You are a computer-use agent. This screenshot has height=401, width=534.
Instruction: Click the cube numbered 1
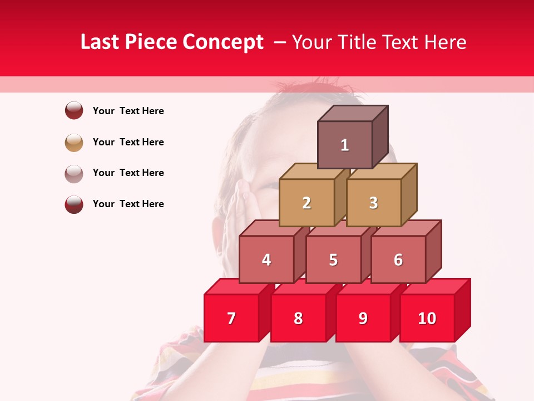pyautogui.click(x=345, y=145)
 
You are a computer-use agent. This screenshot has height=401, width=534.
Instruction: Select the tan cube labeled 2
pyautogui.click(x=306, y=203)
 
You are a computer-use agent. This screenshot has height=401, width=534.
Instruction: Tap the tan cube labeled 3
pyautogui.click(x=373, y=203)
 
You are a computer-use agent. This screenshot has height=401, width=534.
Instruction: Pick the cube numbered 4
pyautogui.click(x=266, y=260)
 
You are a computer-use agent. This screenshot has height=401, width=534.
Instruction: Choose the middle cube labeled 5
pyautogui.click(x=333, y=260)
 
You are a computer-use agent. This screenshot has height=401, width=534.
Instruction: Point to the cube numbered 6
pyautogui.click(x=398, y=260)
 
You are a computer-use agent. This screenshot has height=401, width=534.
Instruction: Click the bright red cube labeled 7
pyautogui.click(x=231, y=318)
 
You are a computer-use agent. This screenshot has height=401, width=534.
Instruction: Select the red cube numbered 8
pyautogui.click(x=298, y=318)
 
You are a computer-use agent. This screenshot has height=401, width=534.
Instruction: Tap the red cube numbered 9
pyautogui.click(x=363, y=318)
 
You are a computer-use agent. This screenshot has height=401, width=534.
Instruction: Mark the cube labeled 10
pyautogui.click(x=427, y=318)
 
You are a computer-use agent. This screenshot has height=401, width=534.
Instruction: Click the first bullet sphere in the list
pyautogui.click(x=74, y=110)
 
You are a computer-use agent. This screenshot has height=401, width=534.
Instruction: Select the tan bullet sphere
pyautogui.click(x=74, y=142)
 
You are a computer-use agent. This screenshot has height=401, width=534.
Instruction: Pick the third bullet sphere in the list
pyautogui.click(x=74, y=173)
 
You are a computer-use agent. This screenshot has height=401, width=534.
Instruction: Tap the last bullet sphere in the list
pyautogui.click(x=74, y=204)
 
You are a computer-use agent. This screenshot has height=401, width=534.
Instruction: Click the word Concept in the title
pyautogui.click(x=224, y=42)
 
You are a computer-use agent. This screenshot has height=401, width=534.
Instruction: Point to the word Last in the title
pyautogui.click(x=101, y=42)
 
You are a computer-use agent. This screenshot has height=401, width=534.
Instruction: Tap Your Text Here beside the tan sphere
pyautogui.click(x=128, y=142)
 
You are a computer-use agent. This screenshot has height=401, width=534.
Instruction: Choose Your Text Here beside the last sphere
pyautogui.click(x=128, y=204)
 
